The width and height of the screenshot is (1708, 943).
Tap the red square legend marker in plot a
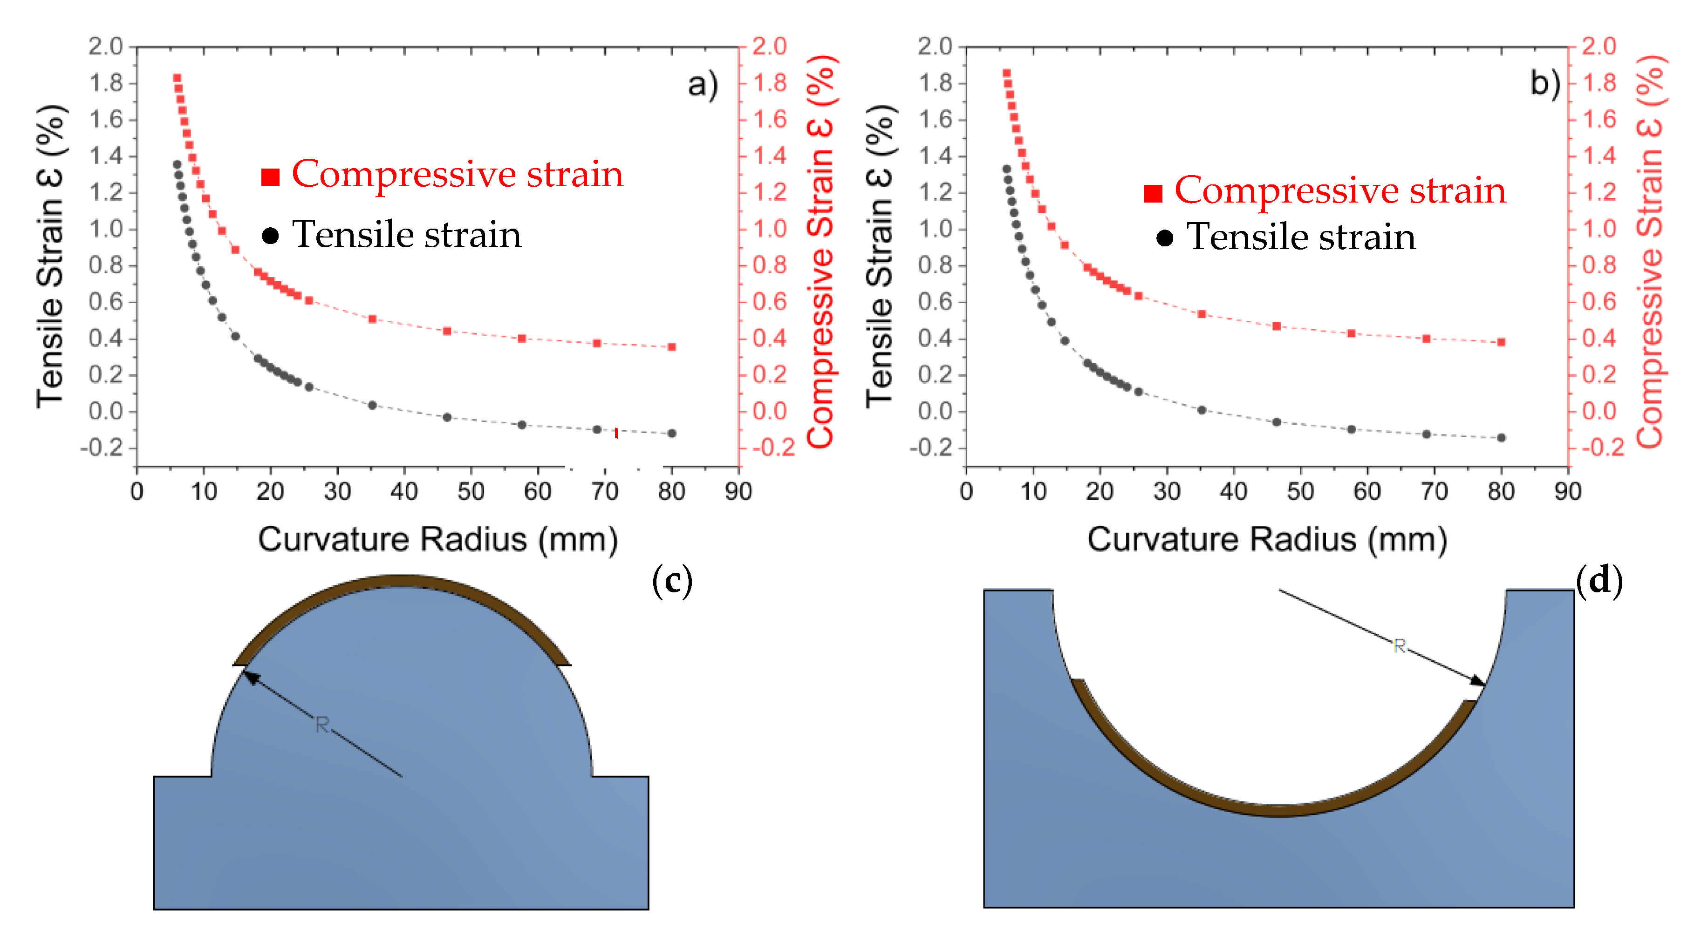click(x=270, y=177)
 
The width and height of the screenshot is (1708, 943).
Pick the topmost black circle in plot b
click(x=1006, y=170)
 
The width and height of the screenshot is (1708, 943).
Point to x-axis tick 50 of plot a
click(x=471, y=491)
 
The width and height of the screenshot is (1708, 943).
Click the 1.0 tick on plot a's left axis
click(x=106, y=229)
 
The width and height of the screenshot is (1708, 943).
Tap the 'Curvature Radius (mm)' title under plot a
click(x=437, y=539)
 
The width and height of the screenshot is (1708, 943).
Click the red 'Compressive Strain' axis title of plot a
click(x=821, y=252)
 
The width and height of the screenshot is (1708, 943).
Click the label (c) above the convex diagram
click(x=672, y=581)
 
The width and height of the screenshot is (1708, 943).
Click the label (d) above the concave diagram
click(x=1599, y=581)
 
